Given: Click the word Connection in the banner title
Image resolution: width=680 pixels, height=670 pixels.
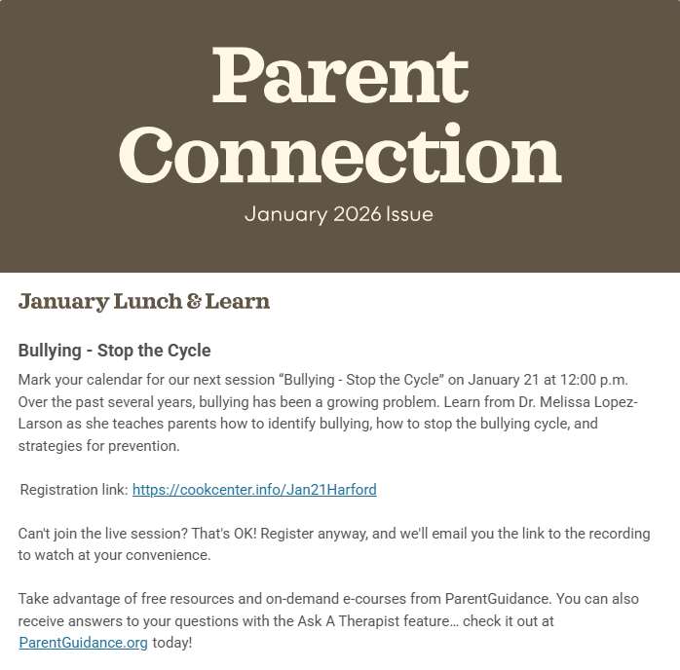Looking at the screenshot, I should tap(346, 156).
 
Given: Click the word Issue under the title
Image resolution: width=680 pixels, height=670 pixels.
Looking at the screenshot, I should tap(409, 214).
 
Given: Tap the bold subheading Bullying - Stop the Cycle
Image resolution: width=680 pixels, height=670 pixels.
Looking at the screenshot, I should tap(114, 351).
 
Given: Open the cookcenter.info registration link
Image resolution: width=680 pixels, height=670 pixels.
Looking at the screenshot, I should tap(254, 490).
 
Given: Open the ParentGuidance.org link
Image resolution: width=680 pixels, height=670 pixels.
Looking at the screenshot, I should tap(84, 643).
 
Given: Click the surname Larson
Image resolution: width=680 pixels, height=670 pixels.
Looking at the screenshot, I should tap(42, 423).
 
